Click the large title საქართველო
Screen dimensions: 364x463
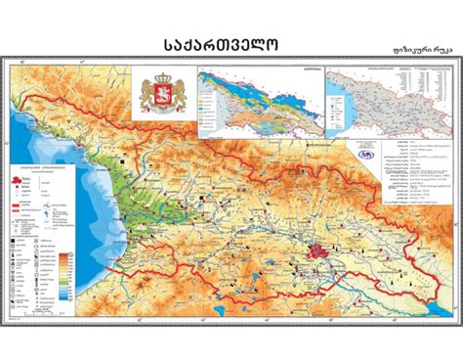[x=231, y=47]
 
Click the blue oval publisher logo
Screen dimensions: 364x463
[x=364, y=152]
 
